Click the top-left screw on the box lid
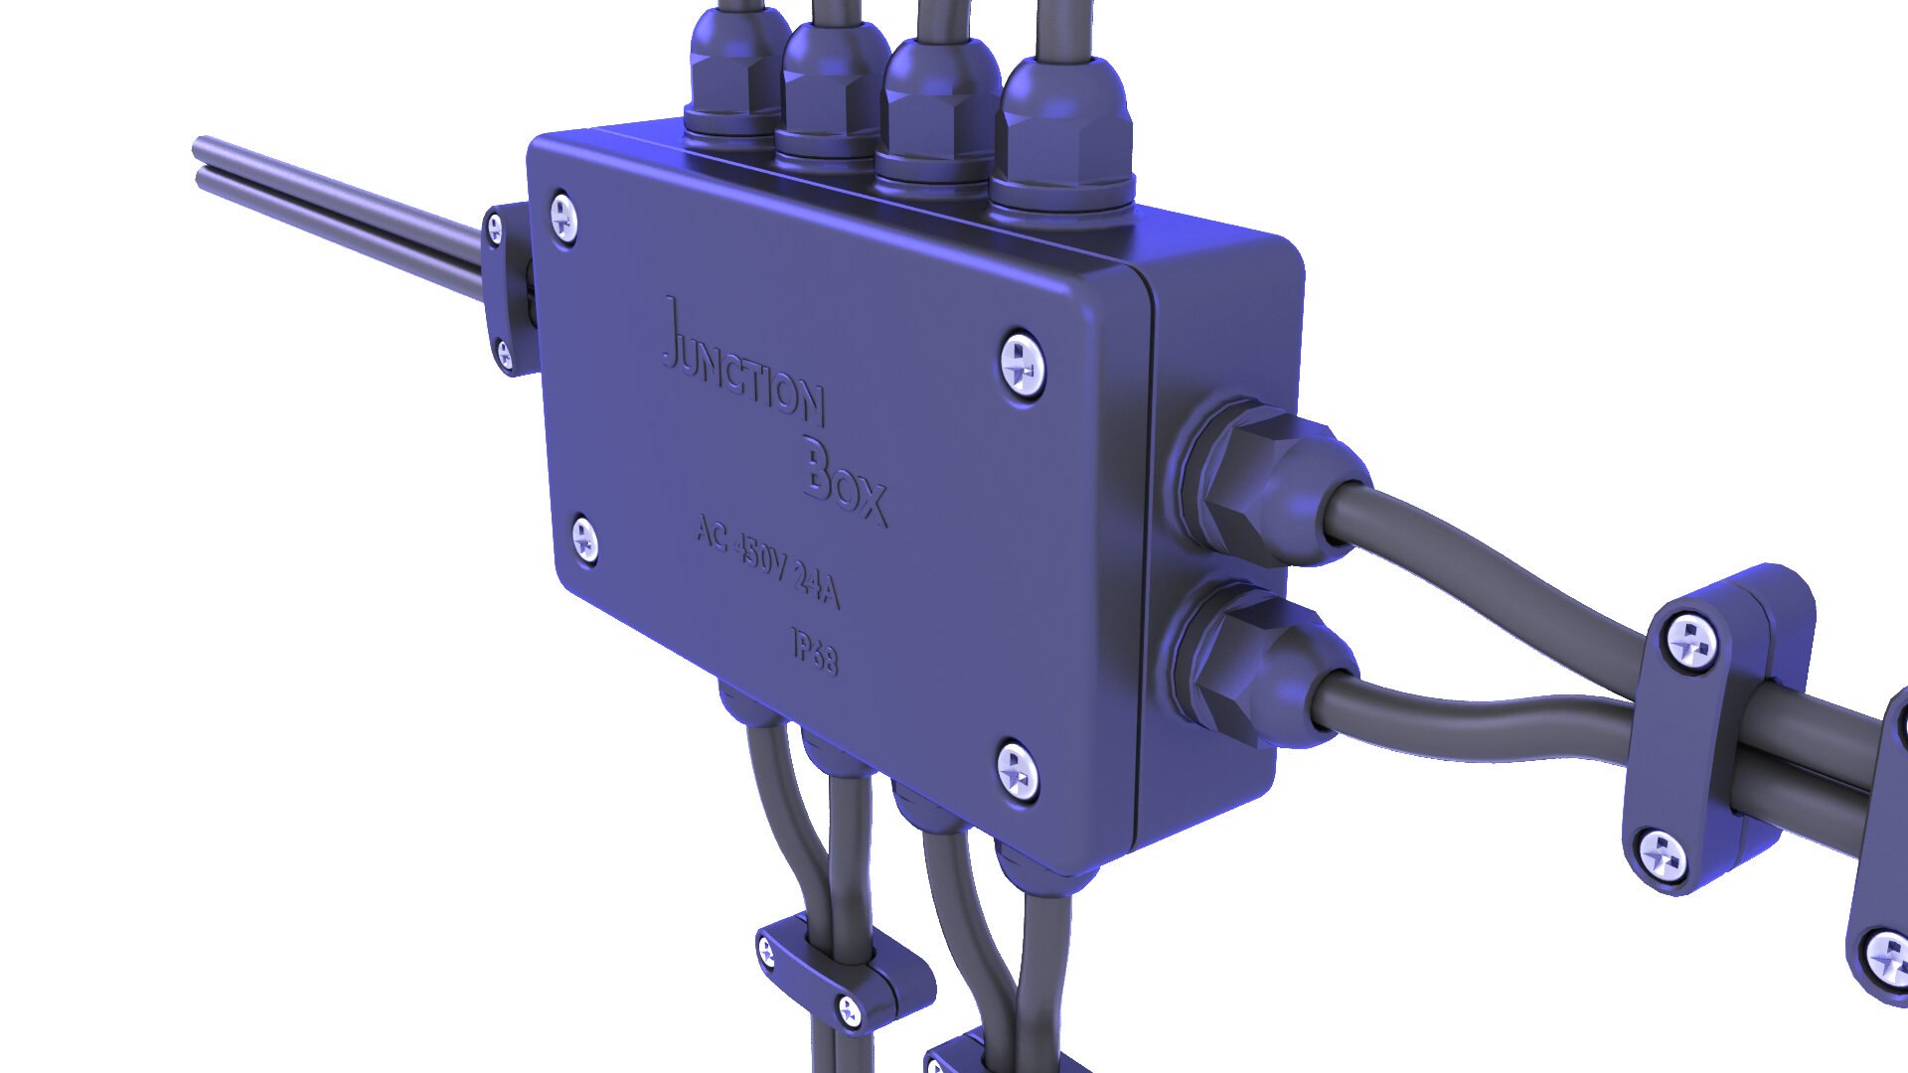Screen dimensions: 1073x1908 tap(564, 218)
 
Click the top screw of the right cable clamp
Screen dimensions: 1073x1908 tap(1690, 638)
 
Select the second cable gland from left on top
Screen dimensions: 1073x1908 tap(835, 94)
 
